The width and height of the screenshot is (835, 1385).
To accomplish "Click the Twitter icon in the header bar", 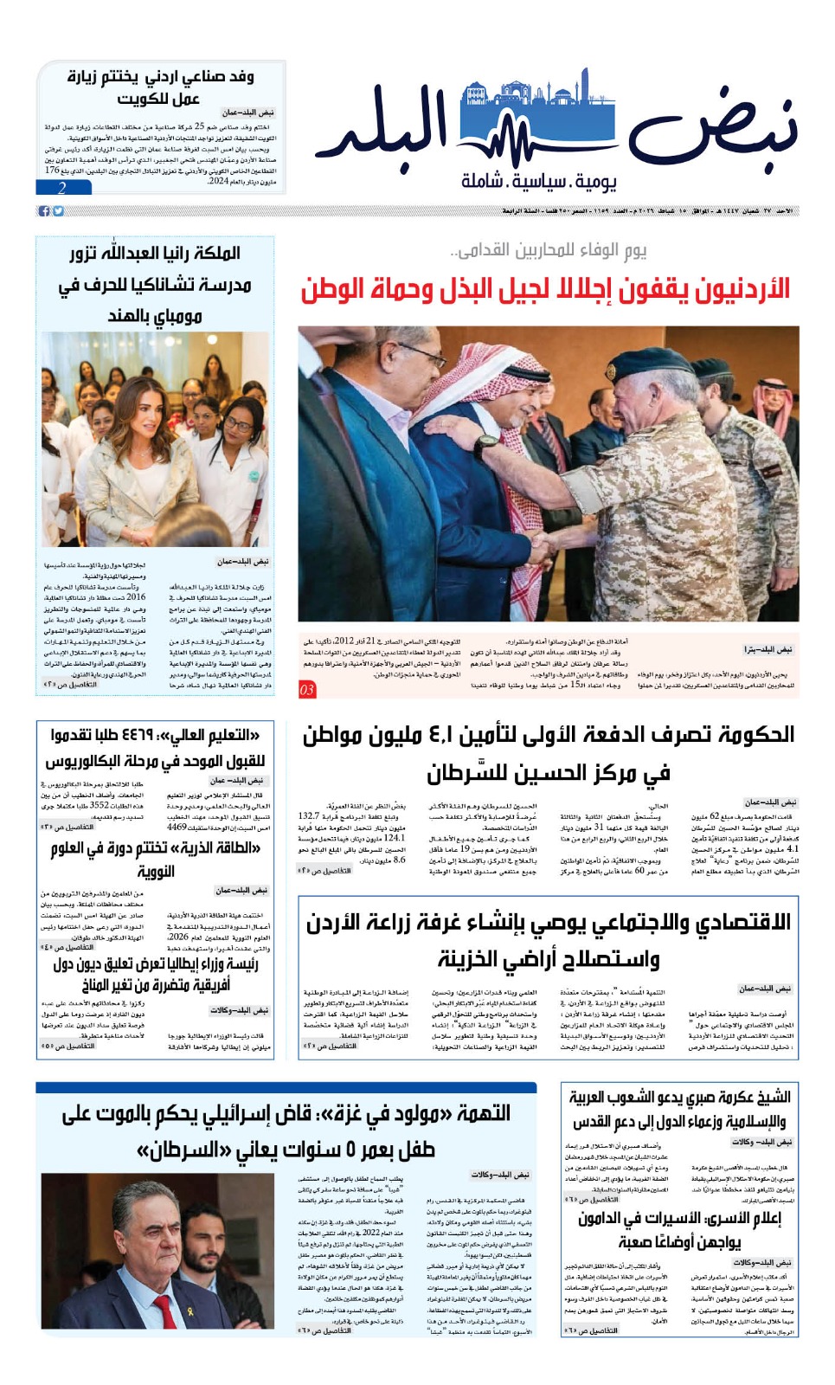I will [58, 211].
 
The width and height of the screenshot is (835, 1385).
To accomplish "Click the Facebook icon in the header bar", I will [44, 211].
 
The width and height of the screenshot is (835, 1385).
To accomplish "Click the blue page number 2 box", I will [63, 188].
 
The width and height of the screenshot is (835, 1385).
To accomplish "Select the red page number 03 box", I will [307, 690].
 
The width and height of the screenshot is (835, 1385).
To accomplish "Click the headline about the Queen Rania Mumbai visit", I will [156, 285].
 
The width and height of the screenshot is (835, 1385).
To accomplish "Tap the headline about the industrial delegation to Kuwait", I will [161, 87].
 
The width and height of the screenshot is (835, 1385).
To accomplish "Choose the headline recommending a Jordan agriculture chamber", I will [548, 939].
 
